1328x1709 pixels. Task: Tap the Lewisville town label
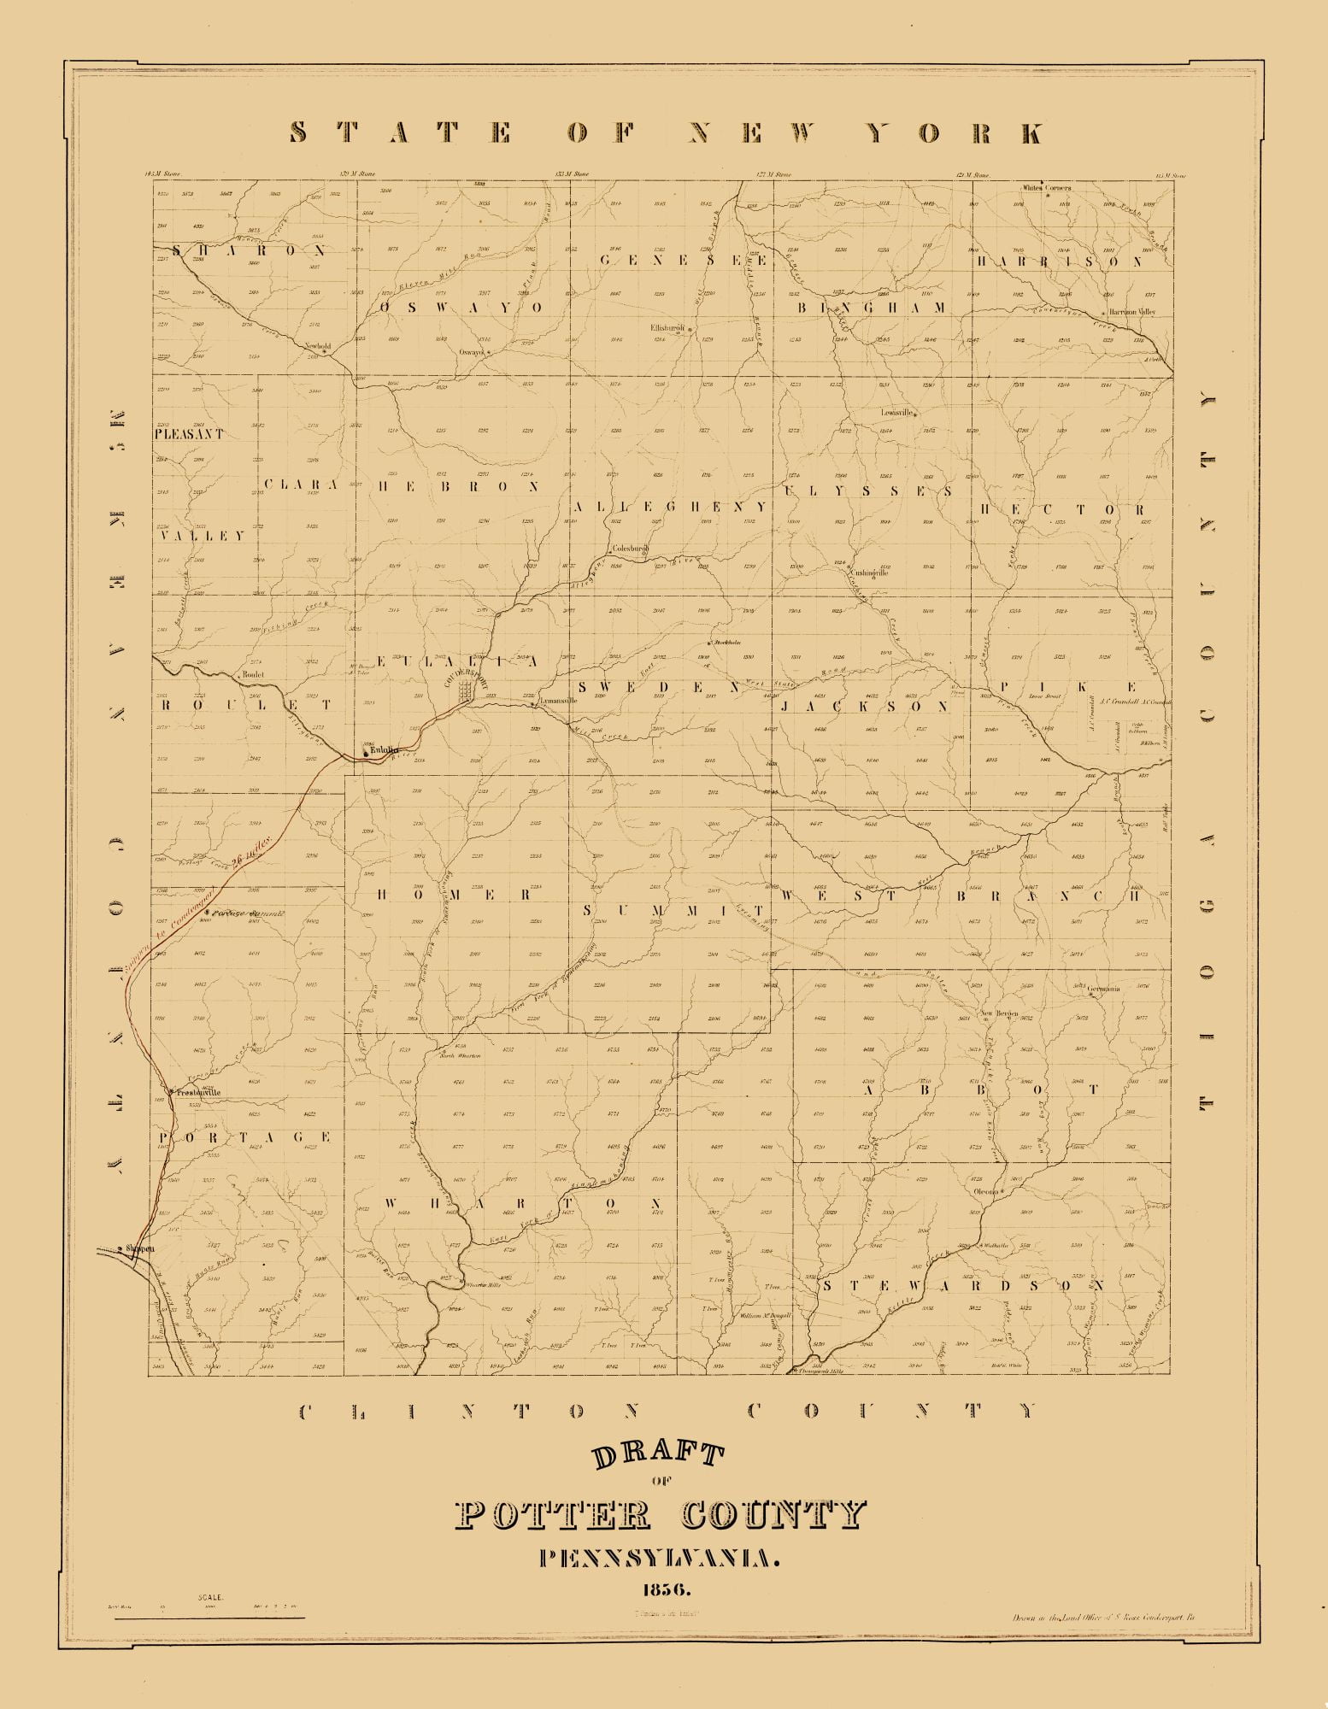898,412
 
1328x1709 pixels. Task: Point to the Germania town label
1104,990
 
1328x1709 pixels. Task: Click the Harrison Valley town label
1132,313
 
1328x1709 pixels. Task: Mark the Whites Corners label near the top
1047,187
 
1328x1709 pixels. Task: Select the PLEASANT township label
189,434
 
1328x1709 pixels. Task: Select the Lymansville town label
560,700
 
